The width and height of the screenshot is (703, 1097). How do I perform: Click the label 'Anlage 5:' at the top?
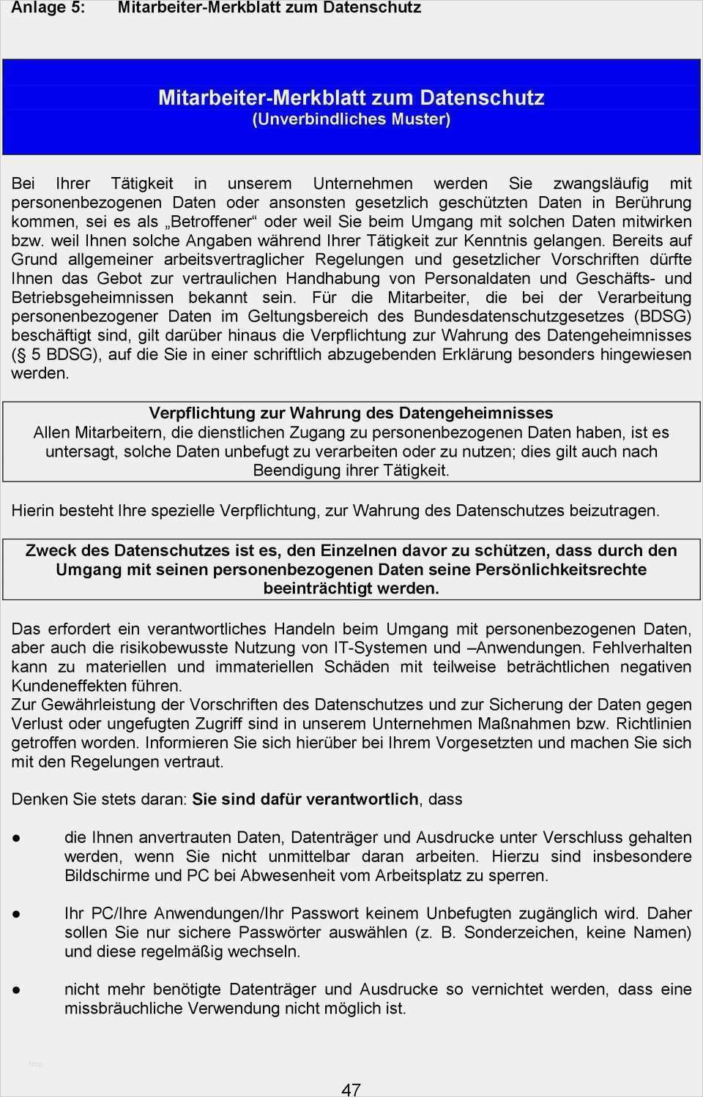pos(48,8)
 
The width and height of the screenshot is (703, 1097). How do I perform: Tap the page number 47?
pos(351,1089)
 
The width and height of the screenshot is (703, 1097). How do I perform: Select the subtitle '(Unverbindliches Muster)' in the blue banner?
pos(351,119)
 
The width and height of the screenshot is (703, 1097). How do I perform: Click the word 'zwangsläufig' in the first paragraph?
pos(600,184)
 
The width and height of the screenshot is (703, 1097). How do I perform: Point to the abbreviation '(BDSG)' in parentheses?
pos(663,316)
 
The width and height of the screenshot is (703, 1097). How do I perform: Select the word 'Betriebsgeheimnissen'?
pos(92,297)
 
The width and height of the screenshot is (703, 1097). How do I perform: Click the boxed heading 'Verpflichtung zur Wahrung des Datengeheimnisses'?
pos(351,413)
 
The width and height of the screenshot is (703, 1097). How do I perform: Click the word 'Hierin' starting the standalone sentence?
pos(32,511)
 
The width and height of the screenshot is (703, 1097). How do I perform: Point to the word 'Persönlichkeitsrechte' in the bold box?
pos(560,569)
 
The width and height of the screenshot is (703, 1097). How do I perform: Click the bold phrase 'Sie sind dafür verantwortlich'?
pos(305,799)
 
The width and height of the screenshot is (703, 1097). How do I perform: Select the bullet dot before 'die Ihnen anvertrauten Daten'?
pos(16,838)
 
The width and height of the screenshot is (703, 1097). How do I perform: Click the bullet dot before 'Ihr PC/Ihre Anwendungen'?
pos(16,914)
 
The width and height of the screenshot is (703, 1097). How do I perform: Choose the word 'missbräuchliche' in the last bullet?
pos(123,1008)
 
